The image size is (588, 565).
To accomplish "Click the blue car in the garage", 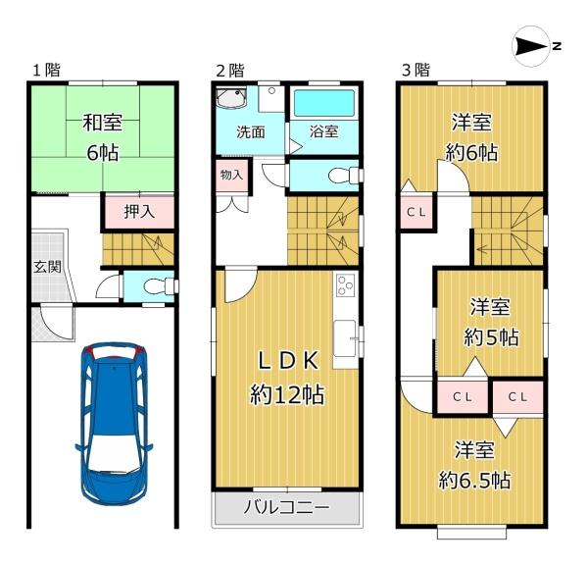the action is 115,423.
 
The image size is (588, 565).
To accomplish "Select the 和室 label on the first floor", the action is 102,123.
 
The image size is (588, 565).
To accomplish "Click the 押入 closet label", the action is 139,212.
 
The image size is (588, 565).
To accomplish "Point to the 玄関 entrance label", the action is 47,267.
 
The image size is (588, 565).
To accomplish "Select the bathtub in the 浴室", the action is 324,103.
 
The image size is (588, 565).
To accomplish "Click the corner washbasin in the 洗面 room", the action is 231,97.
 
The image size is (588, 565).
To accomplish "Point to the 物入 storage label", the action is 231,175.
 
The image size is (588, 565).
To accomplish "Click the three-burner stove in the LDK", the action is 345,285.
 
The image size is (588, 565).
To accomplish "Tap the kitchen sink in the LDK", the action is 345,338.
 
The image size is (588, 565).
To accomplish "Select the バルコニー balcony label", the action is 287,507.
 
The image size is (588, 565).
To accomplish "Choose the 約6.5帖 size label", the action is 474,481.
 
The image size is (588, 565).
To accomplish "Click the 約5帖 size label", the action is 491,336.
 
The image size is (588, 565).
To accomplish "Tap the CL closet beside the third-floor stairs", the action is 416,213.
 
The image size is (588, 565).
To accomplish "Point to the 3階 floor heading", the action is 416,71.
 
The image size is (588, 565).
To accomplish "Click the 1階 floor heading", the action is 46,71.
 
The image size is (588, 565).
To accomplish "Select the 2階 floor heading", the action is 230,71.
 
